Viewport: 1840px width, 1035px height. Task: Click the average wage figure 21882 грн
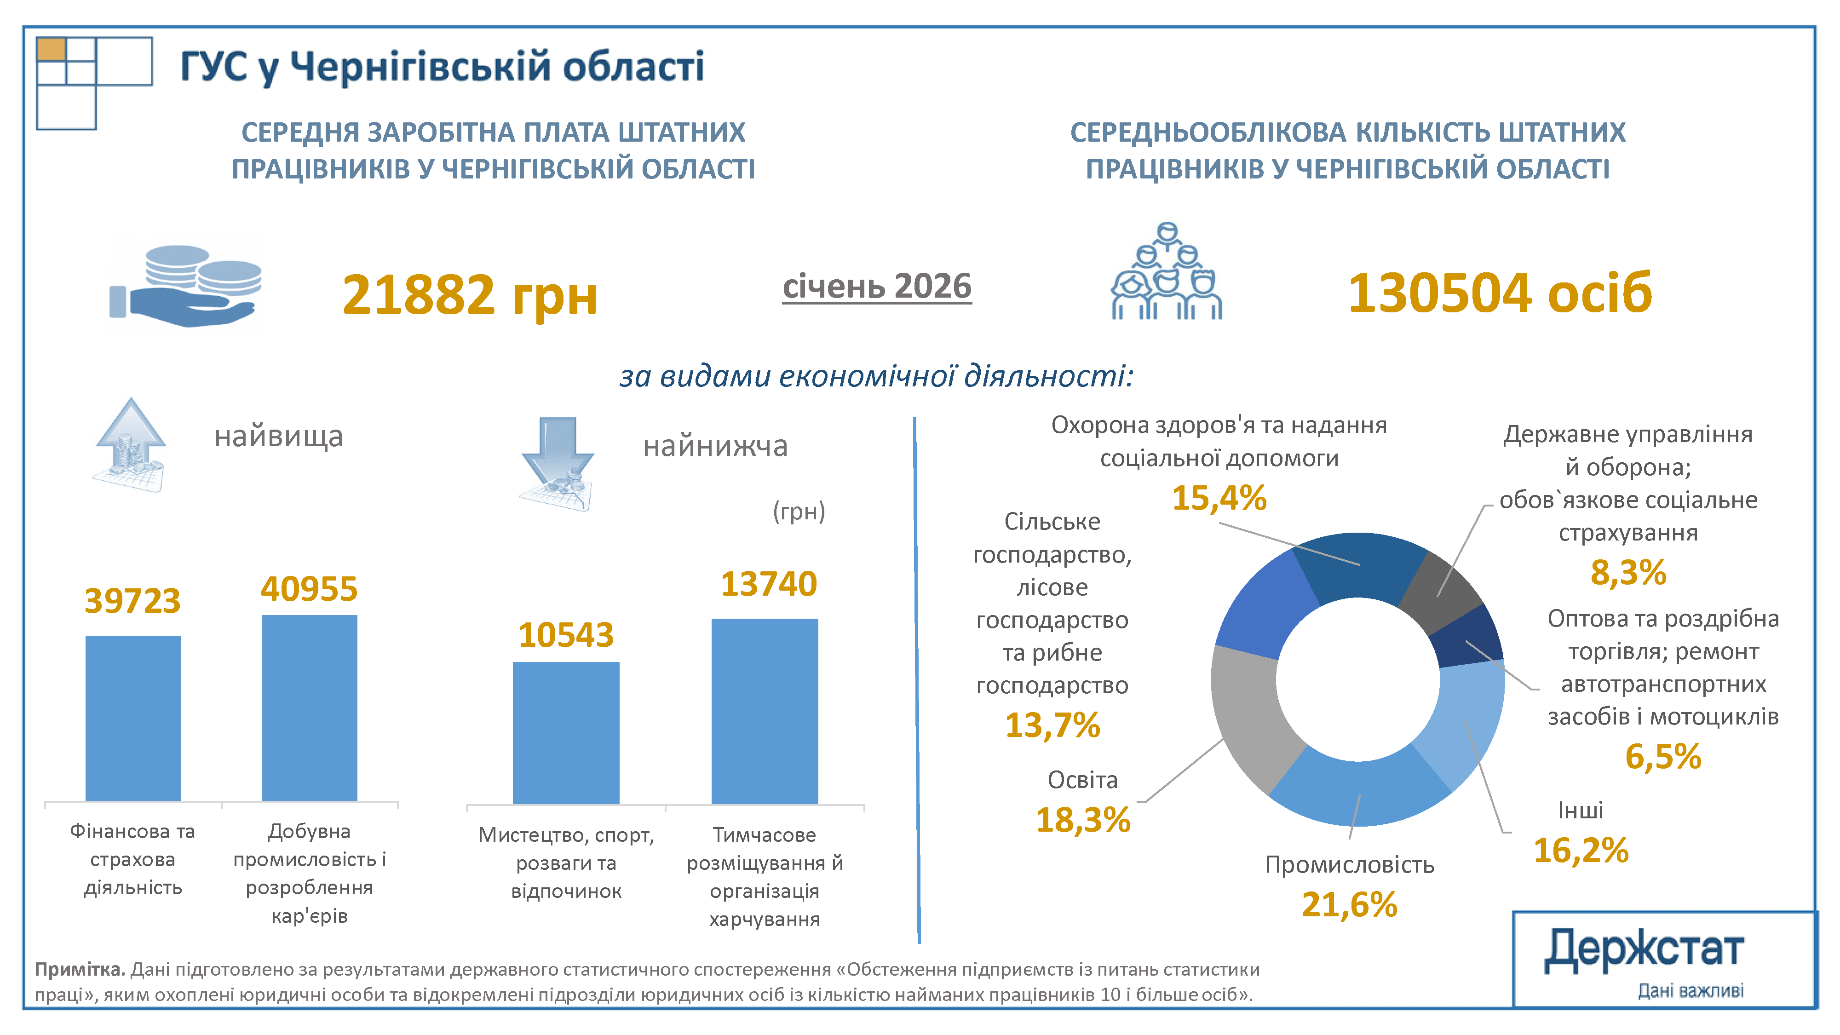pos(469,294)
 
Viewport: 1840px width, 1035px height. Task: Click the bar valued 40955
pos(309,707)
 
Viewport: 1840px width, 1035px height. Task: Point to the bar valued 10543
pos(566,732)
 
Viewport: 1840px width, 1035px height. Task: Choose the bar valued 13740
pos(764,711)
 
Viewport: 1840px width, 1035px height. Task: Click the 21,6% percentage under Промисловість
pos(1349,904)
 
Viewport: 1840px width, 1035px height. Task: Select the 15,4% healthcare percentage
pos(1219,498)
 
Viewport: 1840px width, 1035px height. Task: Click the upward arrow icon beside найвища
pos(130,445)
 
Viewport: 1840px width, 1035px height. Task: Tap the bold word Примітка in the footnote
pos(79,969)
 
